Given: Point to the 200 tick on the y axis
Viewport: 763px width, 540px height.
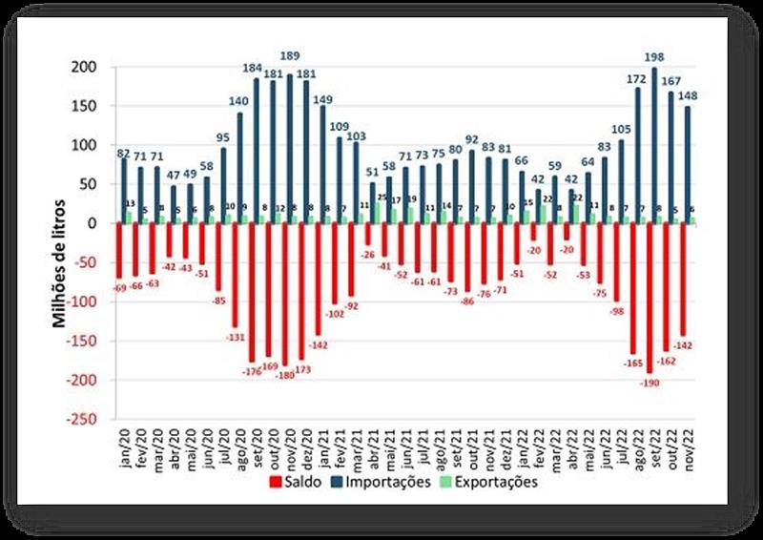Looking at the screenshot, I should tap(85, 68).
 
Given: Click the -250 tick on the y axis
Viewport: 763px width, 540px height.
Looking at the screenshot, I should tap(82, 420).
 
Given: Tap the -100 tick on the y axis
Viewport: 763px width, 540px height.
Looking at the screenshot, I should tap(82, 302).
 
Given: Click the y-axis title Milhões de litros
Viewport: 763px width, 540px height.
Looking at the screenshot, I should tap(59, 263).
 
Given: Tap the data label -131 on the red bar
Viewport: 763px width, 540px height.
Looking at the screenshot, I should tap(235, 336).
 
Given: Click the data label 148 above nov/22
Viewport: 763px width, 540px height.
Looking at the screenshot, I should tap(688, 94).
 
